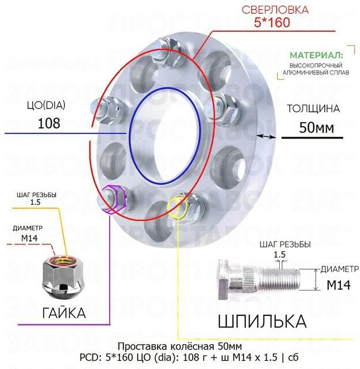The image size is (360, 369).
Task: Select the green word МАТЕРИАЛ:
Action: (316, 55)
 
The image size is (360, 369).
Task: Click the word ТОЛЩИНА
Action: (313, 108)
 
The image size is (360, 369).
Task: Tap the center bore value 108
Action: (48, 123)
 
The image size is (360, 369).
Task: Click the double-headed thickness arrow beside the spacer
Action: (266, 136)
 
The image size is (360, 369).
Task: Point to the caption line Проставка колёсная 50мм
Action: (179, 347)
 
